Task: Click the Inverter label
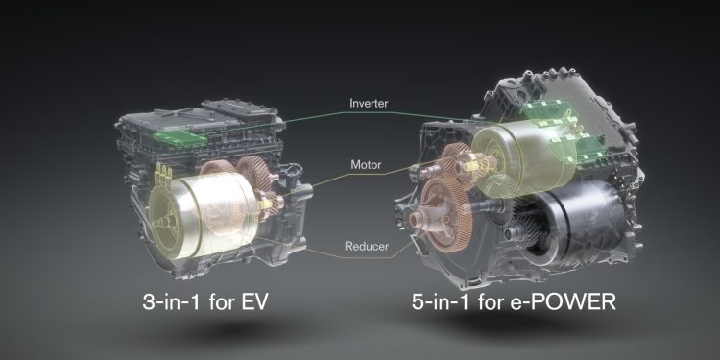click(369, 104)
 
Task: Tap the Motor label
click(366, 164)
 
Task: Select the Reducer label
click(367, 246)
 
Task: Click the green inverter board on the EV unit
click(180, 137)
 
